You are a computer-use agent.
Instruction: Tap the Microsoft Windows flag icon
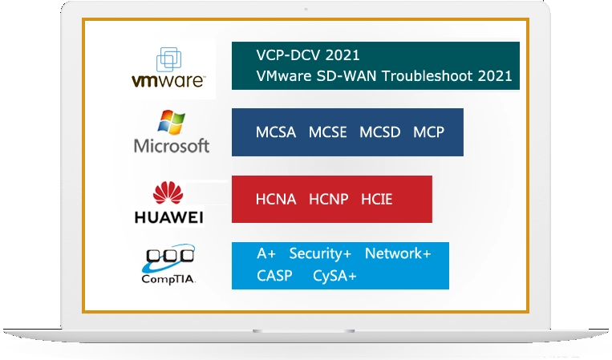click(172, 123)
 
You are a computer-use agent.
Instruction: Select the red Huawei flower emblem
click(168, 193)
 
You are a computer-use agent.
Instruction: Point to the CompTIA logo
click(169, 265)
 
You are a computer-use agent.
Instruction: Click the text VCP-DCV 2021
click(307, 55)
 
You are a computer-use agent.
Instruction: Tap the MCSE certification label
click(328, 132)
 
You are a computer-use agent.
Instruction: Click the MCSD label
click(380, 132)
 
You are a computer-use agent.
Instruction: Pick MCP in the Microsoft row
click(428, 132)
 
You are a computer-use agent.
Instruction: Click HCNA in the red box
click(276, 199)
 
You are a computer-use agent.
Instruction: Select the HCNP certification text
click(329, 199)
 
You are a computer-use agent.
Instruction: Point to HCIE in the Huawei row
click(377, 199)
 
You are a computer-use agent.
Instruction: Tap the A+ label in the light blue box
click(266, 253)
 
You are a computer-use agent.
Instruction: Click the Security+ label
click(320, 253)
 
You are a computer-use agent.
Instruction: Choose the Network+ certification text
click(398, 253)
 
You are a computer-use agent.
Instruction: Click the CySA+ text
click(335, 277)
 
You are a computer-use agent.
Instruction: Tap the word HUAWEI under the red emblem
click(168, 217)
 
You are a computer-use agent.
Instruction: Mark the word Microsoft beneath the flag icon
click(172, 146)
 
